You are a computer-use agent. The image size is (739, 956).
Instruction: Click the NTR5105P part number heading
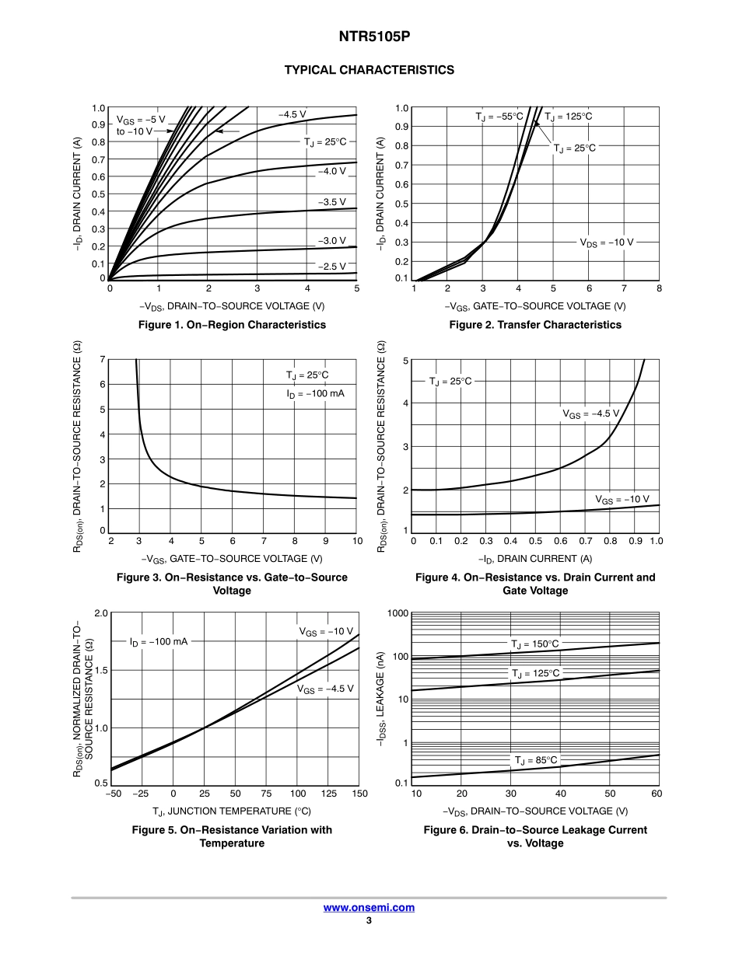[x=369, y=37]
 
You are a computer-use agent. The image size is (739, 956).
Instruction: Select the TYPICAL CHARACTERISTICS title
[x=369, y=70]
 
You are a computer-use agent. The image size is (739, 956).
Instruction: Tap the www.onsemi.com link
[x=369, y=907]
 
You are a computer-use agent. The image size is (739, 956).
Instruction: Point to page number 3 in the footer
[x=369, y=921]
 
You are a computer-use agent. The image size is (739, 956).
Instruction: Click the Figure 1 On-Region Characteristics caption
[x=232, y=325]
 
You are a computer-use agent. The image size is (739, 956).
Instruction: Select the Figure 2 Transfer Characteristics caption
[x=535, y=325]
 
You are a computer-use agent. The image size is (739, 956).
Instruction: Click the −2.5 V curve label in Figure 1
[x=331, y=266]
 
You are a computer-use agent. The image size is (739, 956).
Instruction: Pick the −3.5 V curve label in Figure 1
[x=331, y=202]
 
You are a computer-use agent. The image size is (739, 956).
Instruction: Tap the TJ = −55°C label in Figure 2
[x=499, y=117]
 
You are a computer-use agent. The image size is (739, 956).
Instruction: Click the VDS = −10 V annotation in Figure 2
[x=607, y=242]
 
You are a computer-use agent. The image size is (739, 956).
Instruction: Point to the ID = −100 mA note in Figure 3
[x=315, y=393]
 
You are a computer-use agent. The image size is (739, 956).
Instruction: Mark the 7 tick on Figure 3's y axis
[x=102, y=359]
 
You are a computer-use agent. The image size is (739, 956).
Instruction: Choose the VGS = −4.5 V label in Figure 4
[x=591, y=413]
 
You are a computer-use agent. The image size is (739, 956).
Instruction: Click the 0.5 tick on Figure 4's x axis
[x=536, y=541]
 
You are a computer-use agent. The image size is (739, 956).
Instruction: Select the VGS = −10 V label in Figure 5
[x=326, y=631]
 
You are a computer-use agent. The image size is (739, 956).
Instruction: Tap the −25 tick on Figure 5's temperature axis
[x=141, y=794]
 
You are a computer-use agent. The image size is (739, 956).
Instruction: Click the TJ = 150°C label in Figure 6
[x=535, y=644]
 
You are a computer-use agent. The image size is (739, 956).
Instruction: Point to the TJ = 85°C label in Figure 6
[x=536, y=759]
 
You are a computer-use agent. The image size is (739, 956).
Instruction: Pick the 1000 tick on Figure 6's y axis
[x=398, y=614]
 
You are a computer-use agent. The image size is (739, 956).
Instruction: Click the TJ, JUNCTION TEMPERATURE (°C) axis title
[x=232, y=811]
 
